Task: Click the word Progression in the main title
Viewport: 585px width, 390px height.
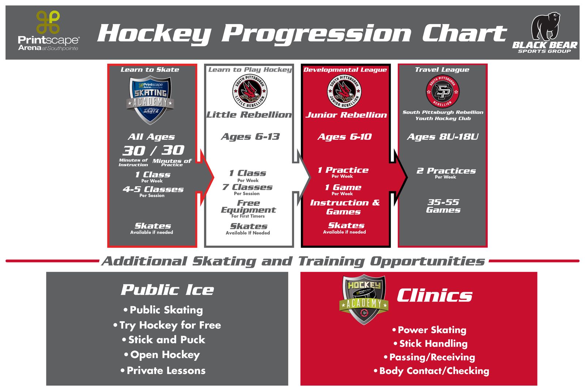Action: click(316, 34)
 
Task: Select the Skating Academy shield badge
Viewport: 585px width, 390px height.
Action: click(150, 99)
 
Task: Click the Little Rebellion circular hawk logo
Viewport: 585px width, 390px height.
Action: click(250, 91)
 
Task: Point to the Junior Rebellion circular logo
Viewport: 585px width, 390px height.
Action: click(344, 91)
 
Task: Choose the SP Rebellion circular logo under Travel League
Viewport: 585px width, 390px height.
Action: click(442, 91)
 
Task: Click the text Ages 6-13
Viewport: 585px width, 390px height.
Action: click(250, 137)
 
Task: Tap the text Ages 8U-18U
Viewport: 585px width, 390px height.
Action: click(442, 137)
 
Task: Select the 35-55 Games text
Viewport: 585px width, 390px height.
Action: click(443, 206)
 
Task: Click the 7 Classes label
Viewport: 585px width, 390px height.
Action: click(248, 187)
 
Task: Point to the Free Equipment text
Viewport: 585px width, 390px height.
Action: click(248, 207)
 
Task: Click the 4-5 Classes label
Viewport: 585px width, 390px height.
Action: click(153, 189)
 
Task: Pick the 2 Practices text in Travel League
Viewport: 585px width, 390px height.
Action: click(446, 171)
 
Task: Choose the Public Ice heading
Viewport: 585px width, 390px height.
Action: click(167, 290)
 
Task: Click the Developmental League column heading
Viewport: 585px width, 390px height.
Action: click(345, 69)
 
